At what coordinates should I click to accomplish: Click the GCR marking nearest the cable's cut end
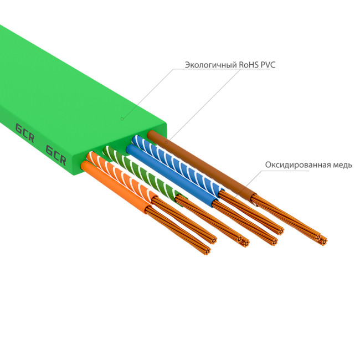pyautogui.click(x=55, y=155)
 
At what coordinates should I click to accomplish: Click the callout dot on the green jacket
pyautogui.click(x=122, y=118)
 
